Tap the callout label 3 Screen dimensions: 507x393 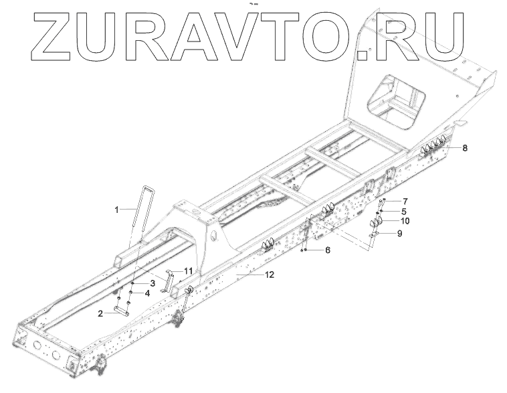click(x=153, y=284)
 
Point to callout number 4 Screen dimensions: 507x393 click(x=146, y=293)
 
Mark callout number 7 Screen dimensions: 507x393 click(x=405, y=201)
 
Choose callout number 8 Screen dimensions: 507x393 click(x=464, y=147)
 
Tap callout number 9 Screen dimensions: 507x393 click(x=399, y=234)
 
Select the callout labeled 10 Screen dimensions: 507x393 click(x=405, y=220)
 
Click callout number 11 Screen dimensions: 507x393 click(x=189, y=270)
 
